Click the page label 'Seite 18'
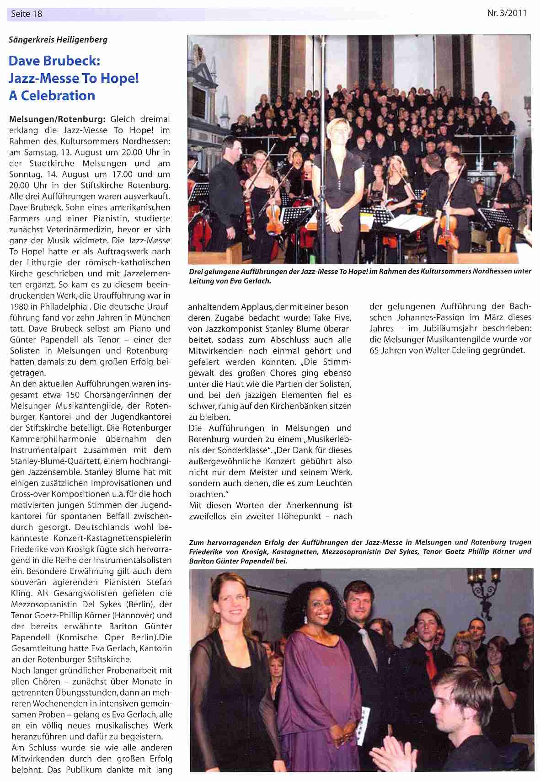click(27, 14)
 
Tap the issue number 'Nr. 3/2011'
click(507, 13)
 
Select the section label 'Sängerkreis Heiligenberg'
click(58, 40)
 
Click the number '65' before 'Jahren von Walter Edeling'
click(376, 351)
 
